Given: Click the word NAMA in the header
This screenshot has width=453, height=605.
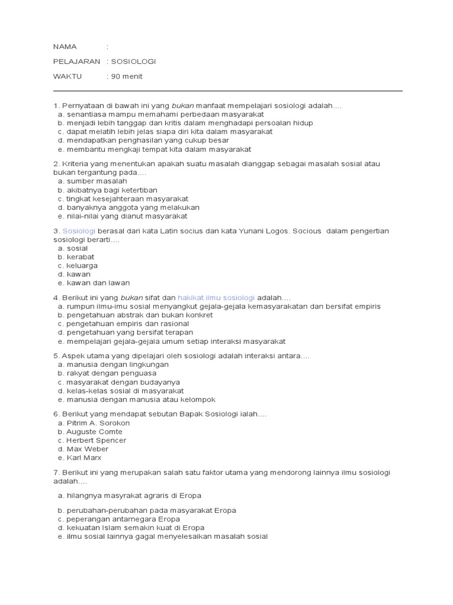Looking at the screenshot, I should pyautogui.click(x=65, y=47).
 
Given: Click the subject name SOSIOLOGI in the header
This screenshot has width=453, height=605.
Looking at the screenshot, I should pyautogui.click(x=134, y=61).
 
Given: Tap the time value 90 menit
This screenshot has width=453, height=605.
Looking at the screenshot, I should pyautogui.click(x=127, y=76).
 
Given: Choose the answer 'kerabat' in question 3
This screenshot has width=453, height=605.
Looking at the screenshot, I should pyautogui.click(x=80, y=257).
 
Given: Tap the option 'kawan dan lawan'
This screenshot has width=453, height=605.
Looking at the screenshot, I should pyautogui.click(x=98, y=283).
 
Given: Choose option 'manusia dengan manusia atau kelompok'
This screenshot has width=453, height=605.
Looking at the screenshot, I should pyautogui.click(x=141, y=399).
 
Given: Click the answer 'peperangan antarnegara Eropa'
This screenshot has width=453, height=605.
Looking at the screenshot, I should pyautogui.click(x=123, y=519).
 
